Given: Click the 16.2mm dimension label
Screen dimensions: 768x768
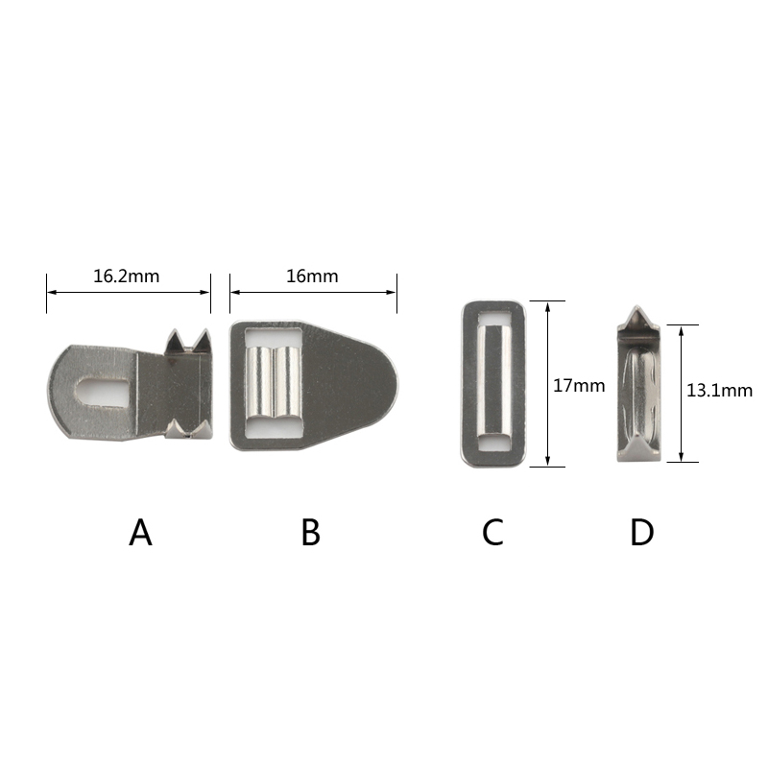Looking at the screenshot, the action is [x=127, y=276].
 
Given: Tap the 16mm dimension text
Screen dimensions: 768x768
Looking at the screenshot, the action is [x=312, y=276].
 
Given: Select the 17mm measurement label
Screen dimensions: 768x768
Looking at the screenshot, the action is [x=579, y=386].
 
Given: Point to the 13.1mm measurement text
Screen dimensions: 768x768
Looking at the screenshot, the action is [x=719, y=391].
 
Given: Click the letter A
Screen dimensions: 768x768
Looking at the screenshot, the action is [x=140, y=533].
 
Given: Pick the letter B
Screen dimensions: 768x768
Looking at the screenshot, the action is [x=310, y=533].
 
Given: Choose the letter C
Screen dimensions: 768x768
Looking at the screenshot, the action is [x=492, y=533].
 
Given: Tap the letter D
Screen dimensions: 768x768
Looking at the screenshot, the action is [x=641, y=533].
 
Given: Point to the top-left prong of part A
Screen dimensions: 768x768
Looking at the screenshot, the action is [x=175, y=341].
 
